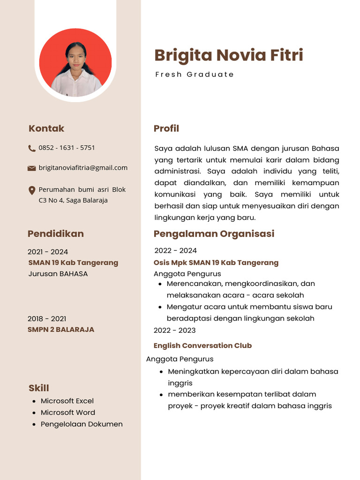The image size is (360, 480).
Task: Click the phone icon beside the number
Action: click(31, 148)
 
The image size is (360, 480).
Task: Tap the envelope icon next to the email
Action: click(31, 168)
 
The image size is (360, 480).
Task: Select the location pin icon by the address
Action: click(31, 190)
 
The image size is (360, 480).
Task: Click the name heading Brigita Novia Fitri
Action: click(229, 55)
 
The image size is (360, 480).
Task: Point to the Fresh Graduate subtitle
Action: click(195, 75)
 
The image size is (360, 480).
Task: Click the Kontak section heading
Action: click(46, 128)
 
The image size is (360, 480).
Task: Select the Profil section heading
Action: click(166, 128)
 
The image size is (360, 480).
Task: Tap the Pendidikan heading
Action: click(55, 233)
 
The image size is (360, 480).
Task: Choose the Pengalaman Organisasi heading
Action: click(214, 233)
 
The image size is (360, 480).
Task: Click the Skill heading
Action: click(38, 388)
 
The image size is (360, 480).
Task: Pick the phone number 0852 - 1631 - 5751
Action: click(67, 148)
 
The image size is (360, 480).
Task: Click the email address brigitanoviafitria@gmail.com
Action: click(83, 168)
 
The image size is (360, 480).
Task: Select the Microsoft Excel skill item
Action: click(67, 401)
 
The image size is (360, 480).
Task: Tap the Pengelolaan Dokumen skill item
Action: click(82, 424)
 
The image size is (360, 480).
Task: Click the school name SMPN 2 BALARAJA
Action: click(61, 330)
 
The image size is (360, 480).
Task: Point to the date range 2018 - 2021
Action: click(47, 319)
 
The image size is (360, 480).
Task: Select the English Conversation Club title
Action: click(202, 345)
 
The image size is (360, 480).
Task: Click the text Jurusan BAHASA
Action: click(58, 274)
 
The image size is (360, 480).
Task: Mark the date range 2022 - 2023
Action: click(174, 330)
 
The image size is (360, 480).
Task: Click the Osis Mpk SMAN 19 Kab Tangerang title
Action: click(216, 262)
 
